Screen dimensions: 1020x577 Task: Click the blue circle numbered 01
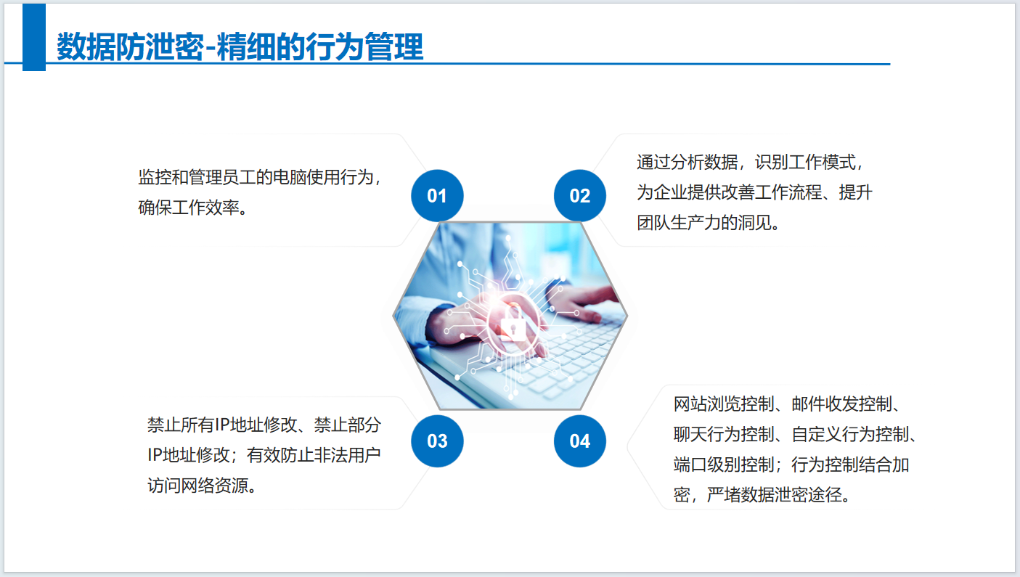pyautogui.click(x=437, y=196)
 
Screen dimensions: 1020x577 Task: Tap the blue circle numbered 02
pyautogui.click(x=579, y=196)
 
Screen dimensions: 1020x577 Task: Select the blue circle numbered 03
pyautogui.click(x=437, y=441)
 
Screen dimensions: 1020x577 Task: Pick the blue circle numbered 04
pyautogui.click(x=579, y=441)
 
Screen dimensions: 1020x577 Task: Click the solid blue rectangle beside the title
pyautogui.click(x=34, y=37)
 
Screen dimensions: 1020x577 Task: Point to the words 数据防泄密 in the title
pyautogui.click(x=130, y=46)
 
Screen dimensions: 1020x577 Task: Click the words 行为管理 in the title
pyautogui.click(x=364, y=46)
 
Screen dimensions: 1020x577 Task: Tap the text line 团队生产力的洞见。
pyautogui.click(x=708, y=223)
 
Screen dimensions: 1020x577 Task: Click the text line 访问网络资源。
pyautogui.click(x=202, y=486)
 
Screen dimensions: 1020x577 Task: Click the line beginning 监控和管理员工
pyautogui.click(x=260, y=177)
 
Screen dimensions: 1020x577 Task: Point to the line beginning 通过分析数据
pyautogui.click(x=750, y=162)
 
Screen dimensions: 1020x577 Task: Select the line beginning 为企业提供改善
pyautogui.click(x=754, y=192)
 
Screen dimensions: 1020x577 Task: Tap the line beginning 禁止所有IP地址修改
pyautogui.click(x=264, y=425)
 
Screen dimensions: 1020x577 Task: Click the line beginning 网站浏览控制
pyautogui.click(x=787, y=404)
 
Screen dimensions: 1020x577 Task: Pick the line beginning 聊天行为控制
pyautogui.click(x=795, y=434)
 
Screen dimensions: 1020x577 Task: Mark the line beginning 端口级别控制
pyautogui.click(x=791, y=465)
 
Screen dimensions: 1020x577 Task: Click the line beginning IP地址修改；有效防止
pyautogui.click(x=264, y=455)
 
